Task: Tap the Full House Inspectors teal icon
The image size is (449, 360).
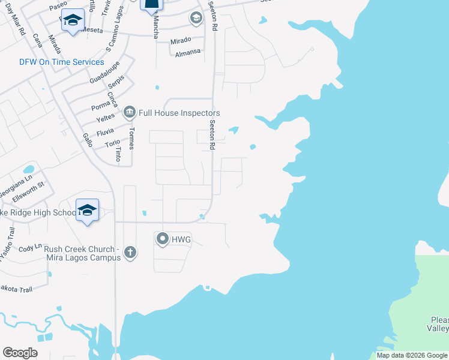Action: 129,113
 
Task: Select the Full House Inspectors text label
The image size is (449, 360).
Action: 179,113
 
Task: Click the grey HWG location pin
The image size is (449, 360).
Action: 162,239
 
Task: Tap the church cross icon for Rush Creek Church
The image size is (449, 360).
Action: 130,253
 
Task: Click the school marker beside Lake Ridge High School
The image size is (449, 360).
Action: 87,211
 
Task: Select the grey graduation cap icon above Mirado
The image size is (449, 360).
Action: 196,19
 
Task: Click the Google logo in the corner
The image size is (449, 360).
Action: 20,352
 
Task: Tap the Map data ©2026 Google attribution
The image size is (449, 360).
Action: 412,355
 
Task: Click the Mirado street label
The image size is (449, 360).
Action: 180,40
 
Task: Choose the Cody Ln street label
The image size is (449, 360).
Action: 30,247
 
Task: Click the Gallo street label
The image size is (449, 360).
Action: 88,141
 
